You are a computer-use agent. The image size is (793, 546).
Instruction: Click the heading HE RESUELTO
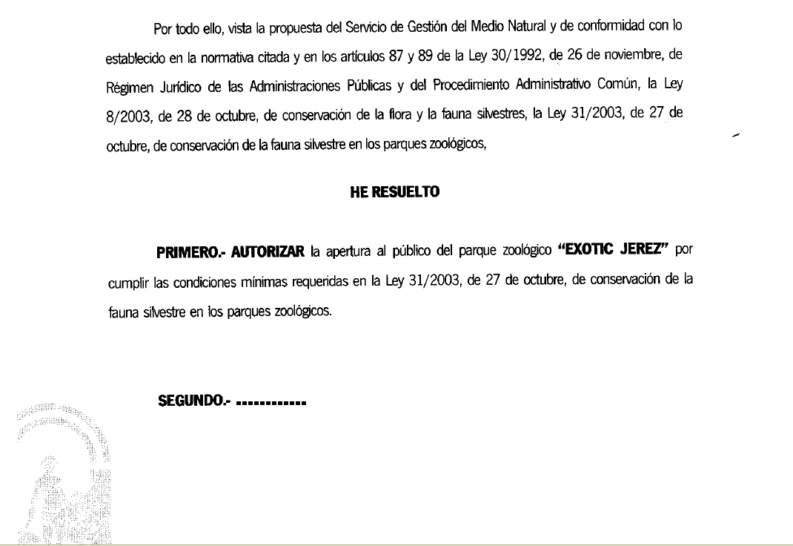394,192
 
